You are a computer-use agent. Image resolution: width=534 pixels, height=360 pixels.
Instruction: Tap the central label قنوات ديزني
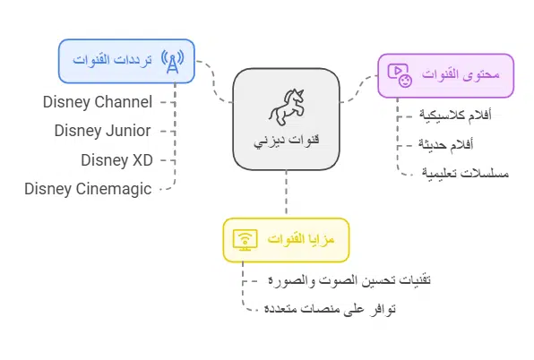tap(286, 141)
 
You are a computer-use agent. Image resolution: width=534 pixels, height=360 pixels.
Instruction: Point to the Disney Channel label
tap(98, 101)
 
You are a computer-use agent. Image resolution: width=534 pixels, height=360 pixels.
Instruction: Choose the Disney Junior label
tap(103, 130)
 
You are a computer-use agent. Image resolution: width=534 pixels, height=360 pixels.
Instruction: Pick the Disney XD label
tap(116, 159)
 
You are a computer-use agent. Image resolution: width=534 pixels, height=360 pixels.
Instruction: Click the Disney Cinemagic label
tap(89, 188)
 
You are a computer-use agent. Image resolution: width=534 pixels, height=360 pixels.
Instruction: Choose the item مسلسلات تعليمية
tap(464, 173)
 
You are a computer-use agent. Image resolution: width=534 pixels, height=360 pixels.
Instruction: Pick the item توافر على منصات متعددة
tap(329, 309)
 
